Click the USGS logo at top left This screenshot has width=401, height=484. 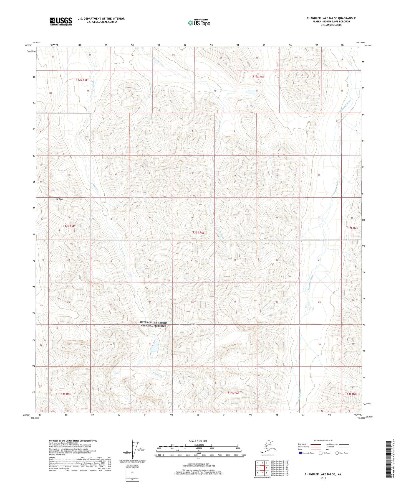click(x=61, y=21)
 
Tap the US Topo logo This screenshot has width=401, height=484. click(x=199, y=23)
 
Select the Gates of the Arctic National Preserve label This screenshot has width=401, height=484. click(x=153, y=324)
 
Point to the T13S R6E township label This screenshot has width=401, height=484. click(x=198, y=233)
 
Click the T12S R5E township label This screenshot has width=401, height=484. click(x=82, y=80)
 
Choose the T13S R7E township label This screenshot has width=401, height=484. click(x=352, y=228)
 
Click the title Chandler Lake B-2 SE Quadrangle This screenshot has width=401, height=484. click(x=331, y=18)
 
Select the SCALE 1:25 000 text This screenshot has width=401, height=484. click(x=198, y=441)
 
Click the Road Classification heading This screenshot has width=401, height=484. click(x=323, y=440)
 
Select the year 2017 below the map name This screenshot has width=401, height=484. click(x=323, y=478)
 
